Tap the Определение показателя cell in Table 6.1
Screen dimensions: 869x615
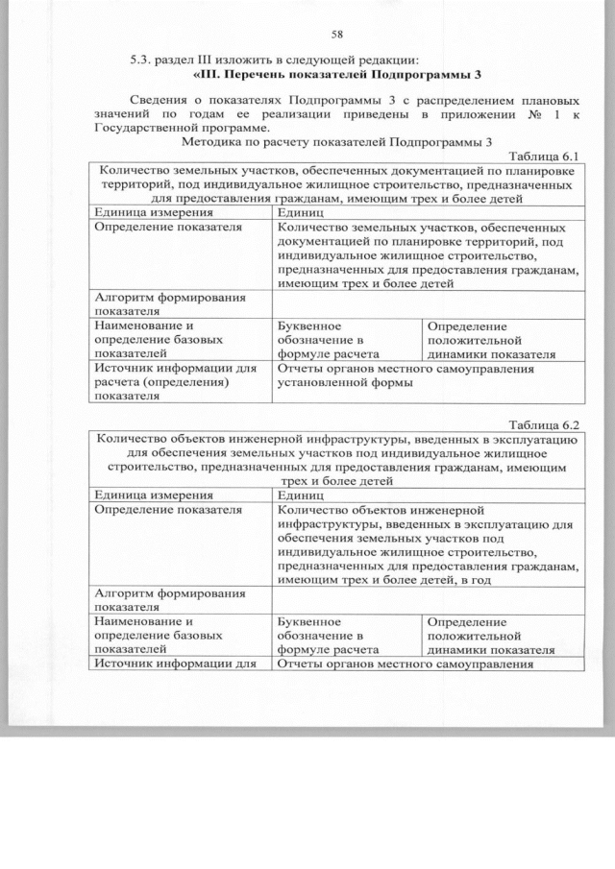click(166, 229)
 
